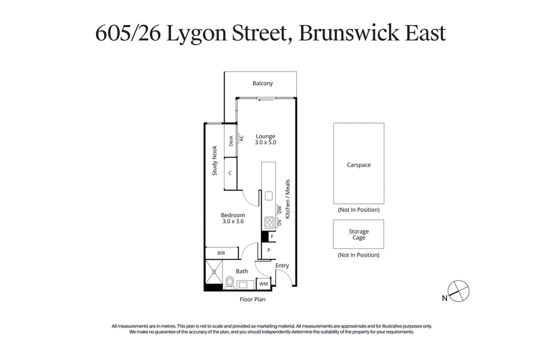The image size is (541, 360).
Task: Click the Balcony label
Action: [x=262, y=84]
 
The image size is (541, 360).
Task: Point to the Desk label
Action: [x=231, y=141]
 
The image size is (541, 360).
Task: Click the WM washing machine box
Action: [x=263, y=284]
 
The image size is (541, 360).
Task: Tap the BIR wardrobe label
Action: [x=220, y=253]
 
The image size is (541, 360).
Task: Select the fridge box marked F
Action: [x=272, y=237]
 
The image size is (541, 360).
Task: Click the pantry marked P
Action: [x=268, y=250]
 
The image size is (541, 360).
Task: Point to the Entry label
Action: [x=282, y=265]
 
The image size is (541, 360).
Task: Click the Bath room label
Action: [x=241, y=271]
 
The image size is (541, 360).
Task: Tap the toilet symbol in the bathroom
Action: [x=230, y=282]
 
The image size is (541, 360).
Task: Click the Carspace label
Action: [x=358, y=164]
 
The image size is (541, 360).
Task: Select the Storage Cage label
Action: [x=358, y=235]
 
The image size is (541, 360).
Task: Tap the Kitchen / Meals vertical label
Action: [x=287, y=198]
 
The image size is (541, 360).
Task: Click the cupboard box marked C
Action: [x=231, y=173]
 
